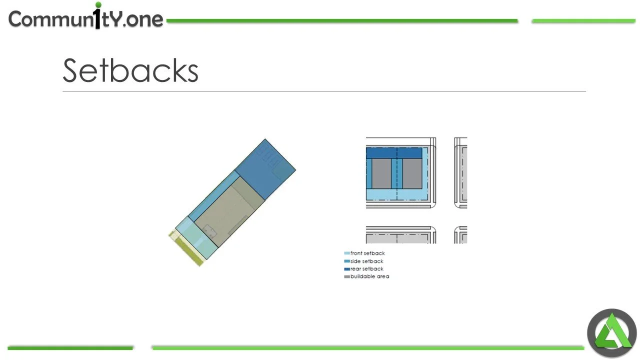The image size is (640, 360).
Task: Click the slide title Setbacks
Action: (130, 70)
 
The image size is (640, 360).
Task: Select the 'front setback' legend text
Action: (367, 253)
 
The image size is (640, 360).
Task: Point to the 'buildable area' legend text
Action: (369, 276)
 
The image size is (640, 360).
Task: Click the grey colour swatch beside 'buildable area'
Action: (346, 276)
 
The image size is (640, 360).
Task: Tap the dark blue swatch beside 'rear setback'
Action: (346, 269)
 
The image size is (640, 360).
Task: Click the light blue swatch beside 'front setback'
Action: (346, 253)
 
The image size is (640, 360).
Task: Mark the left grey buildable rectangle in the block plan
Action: (381, 173)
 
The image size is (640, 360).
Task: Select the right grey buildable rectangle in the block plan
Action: (412, 173)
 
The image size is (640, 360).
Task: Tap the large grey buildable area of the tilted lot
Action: (229, 211)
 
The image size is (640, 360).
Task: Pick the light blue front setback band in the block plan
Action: (397, 194)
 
